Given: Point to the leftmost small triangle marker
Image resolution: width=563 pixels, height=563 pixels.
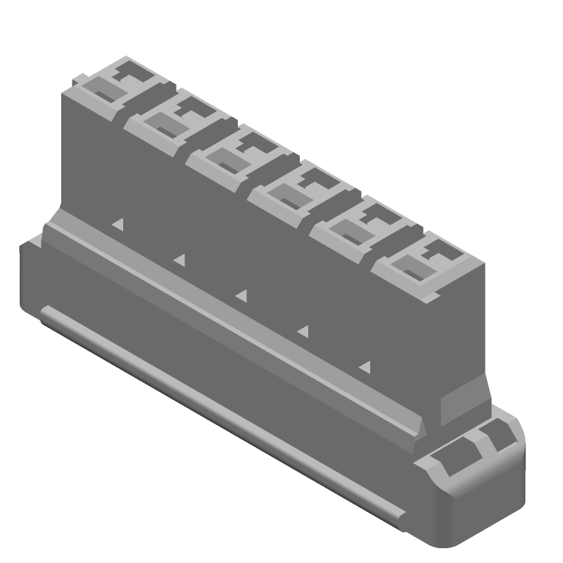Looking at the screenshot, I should pyautogui.click(x=118, y=224).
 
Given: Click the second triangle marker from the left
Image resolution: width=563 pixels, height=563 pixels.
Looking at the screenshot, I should pyautogui.click(x=179, y=260).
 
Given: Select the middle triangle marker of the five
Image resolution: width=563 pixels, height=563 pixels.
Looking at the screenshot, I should pyautogui.click(x=241, y=294).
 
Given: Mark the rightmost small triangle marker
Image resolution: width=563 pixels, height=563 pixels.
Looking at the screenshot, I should pyautogui.click(x=365, y=366).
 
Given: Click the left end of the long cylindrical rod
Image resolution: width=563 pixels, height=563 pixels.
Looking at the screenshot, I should pyautogui.click(x=46, y=314).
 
